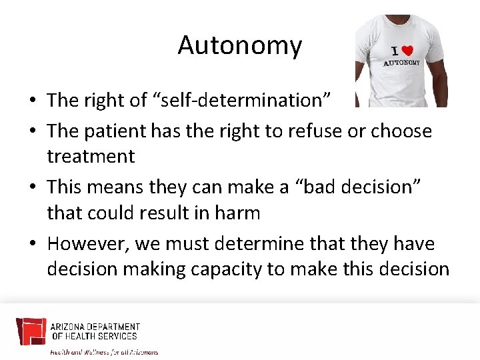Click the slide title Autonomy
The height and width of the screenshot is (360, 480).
tap(239, 45)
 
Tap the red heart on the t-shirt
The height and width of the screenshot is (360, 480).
tap(407, 51)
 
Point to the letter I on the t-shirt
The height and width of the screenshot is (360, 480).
tap(393, 51)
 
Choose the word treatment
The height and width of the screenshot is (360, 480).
tap(91, 156)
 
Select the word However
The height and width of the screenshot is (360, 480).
tap(88, 243)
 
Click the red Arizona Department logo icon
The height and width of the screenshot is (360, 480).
tap(31, 331)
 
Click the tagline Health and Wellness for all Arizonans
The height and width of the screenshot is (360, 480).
tap(105, 351)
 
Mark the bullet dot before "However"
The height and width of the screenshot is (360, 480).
tap(33, 244)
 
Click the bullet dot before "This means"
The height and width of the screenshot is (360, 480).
tap(33, 188)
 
